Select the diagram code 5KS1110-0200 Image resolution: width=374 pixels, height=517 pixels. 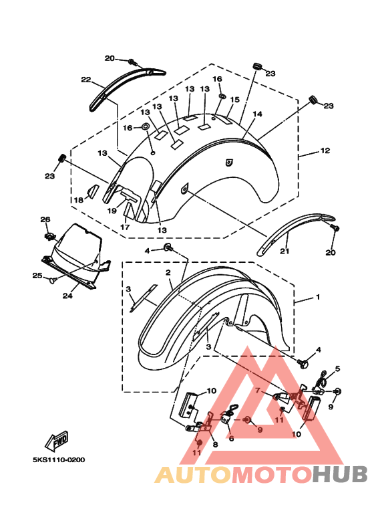(x=59, y=460)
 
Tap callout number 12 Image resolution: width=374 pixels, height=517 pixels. (x=325, y=150)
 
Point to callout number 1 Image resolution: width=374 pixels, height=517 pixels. (x=318, y=297)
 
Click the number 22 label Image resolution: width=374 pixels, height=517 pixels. (x=86, y=80)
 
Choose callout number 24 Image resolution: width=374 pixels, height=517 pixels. (x=67, y=296)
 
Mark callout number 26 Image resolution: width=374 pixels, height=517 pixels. (x=45, y=219)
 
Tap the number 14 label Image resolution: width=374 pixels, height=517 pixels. (x=257, y=114)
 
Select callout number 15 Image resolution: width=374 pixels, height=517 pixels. (x=234, y=100)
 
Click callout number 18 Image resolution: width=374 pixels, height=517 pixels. (x=79, y=200)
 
